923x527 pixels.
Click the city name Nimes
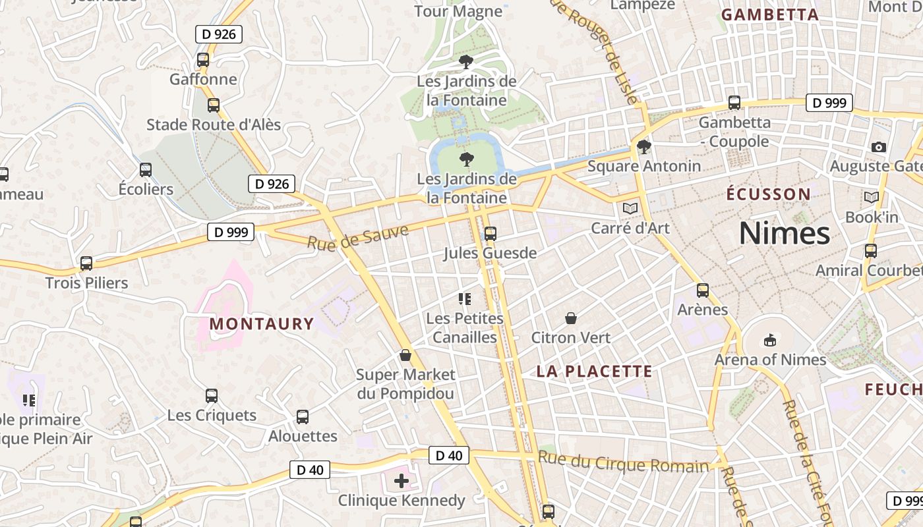(784, 233)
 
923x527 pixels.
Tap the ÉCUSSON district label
(768, 194)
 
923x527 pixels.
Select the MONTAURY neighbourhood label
(262, 323)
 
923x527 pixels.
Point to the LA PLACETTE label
(594, 372)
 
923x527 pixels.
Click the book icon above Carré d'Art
(630, 209)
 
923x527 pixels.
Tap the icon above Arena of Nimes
(769, 341)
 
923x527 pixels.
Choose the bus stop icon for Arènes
(703, 291)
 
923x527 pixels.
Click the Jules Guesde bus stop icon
(490, 234)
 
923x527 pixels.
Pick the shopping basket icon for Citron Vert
(571, 319)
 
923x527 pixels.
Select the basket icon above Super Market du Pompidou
(405, 356)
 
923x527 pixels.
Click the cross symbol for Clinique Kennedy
(402, 481)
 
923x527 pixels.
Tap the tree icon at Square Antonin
(643, 147)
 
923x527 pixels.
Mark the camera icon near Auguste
(878, 147)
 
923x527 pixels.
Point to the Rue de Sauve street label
(357, 236)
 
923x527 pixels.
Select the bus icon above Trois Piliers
(86, 263)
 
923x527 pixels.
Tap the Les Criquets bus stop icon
(212, 396)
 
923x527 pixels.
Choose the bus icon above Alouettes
(303, 417)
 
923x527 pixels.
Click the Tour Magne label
(458, 11)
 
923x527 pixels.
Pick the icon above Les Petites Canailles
(465, 300)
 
